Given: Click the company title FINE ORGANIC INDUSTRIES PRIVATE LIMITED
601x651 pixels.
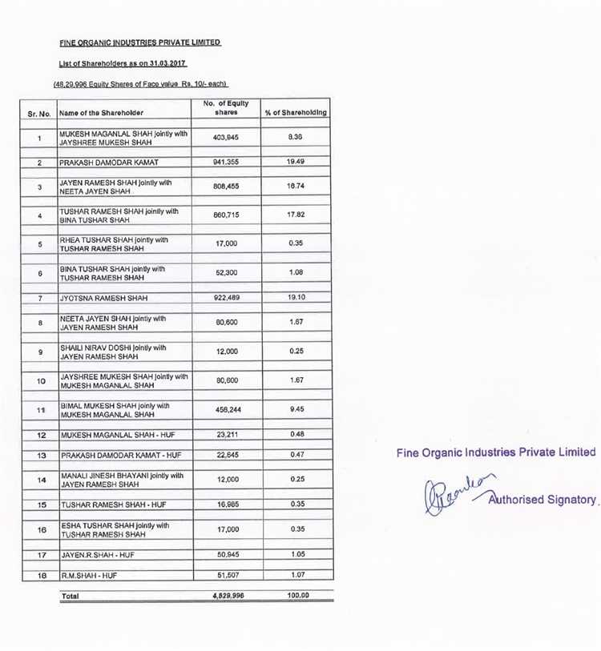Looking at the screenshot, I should point(139,42).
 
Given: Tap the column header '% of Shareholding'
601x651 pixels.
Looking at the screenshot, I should point(296,113).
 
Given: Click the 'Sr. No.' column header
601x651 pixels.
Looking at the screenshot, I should point(38,114).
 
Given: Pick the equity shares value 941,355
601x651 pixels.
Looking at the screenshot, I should point(227,163).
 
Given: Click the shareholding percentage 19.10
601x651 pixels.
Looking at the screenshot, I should point(296,298).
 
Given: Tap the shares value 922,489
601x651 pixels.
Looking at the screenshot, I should point(227,298).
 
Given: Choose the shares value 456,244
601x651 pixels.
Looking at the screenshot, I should point(227,410).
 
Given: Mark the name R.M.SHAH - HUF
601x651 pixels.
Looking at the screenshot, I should point(91,575).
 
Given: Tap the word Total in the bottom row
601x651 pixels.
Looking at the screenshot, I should point(70,597).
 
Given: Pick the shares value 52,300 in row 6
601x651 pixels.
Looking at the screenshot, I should point(227,272).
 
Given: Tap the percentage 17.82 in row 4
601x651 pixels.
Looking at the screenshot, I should point(296,215).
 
